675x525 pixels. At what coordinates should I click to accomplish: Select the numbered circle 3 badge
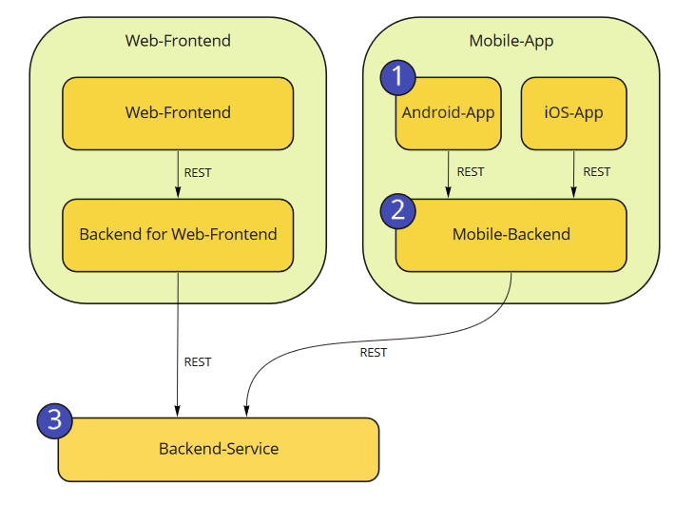(55, 419)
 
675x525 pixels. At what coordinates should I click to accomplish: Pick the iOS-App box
(574, 113)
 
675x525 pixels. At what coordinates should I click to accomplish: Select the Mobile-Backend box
(511, 235)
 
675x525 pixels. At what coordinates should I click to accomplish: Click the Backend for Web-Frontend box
(178, 235)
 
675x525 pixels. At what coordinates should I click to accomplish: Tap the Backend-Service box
(219, 449)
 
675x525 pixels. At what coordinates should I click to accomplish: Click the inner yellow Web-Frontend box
(178, 113)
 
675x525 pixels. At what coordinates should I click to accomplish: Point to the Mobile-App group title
(511, 41)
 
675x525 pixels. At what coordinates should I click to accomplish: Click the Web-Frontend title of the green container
(178, 41)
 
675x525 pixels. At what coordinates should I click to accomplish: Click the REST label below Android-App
(471, 172)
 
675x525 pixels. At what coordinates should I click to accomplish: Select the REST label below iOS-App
(596, 172)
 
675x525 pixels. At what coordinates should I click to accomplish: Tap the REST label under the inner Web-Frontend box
(198, 173)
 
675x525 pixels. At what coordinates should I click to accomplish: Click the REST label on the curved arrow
(374, 353)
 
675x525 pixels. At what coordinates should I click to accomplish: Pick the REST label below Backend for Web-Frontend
(198, 362)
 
